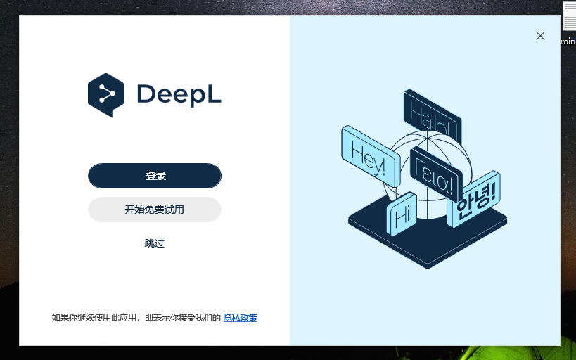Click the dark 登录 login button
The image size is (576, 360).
point(155,176)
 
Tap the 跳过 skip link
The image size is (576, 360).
point(155,243)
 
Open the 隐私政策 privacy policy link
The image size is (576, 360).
point(241,317)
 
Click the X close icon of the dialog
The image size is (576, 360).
point(540,36)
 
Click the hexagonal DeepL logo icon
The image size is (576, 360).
point(105,95)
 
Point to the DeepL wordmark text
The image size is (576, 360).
point(179,95)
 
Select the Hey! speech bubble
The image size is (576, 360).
point(371,157)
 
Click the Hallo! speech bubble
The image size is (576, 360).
point(433,116)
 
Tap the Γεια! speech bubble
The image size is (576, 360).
point(435,173)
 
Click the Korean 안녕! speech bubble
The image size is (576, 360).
point(475,199)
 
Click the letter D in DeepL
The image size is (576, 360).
point(146,94)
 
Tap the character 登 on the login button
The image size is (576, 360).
point(151,176)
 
